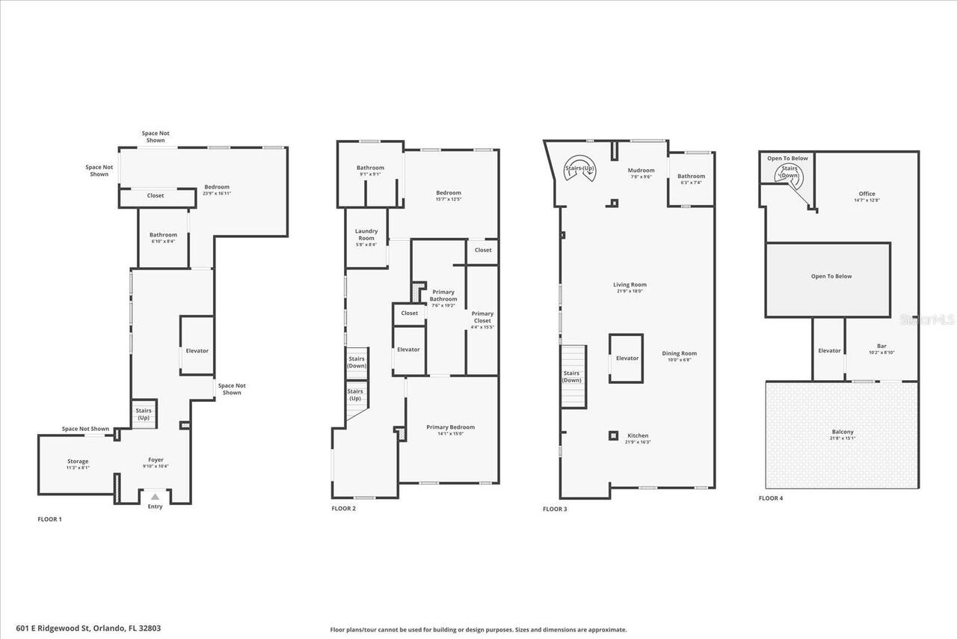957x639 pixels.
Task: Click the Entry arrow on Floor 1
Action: (155, 496)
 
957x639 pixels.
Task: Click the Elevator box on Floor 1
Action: (197, 350)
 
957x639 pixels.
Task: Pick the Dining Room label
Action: (679, 355)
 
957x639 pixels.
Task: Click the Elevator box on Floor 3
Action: (627, 358)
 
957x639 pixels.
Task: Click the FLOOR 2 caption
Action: (343, 508)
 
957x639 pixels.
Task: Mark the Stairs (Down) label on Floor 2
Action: (357, 362)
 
